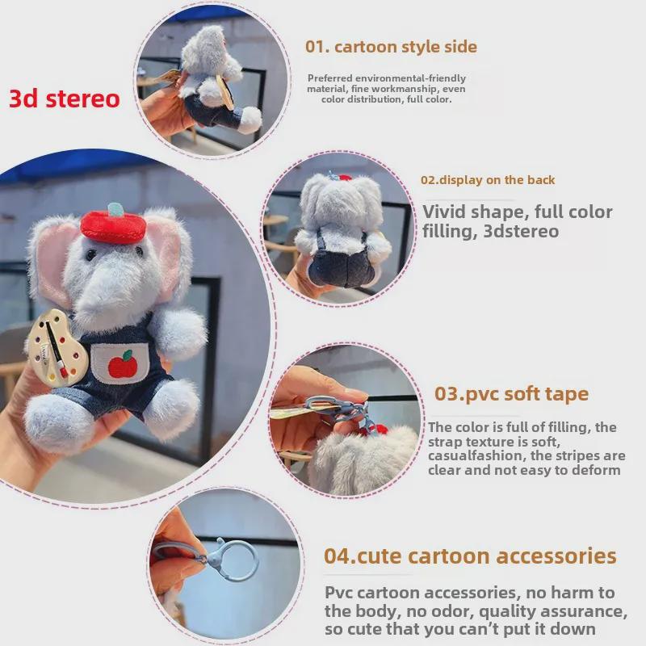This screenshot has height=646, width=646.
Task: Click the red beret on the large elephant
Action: (x=113, y=227)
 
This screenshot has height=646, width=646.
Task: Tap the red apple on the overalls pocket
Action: (x=123, y=364)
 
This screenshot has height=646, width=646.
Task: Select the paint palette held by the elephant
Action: (x=56, y=348)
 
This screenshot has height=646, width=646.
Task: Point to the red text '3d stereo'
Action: (x=65, y=99)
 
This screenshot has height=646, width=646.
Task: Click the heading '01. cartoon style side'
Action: (x=391, y=47)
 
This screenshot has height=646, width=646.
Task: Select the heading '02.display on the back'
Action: (x=488, y=180)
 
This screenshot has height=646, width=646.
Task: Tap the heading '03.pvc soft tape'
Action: (x=511, y=394)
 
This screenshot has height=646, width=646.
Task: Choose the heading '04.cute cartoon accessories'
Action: (x=470, y=556)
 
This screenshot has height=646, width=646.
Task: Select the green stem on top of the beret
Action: (x=115, y=209)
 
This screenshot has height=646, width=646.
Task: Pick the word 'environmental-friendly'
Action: (x=410, y=78)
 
